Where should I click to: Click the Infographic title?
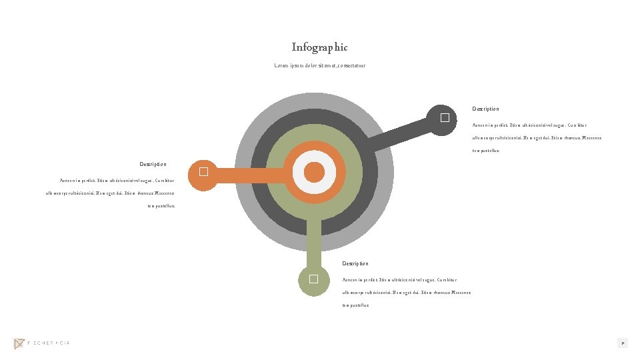pos(319,47)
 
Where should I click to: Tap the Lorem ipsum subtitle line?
pos(319,65)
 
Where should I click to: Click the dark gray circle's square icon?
pos(445,119)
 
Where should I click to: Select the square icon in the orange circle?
pos(203,172)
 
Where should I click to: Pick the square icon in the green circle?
pos(313,279)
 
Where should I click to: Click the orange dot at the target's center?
pos(314,173)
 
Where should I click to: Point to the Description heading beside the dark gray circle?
pos(485,109)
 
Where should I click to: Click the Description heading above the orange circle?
pos(153,164)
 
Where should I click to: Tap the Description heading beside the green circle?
pos(355,264)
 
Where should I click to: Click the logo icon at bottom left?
pos(19,343)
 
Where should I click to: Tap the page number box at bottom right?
pos(622,343)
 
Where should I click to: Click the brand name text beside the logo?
pos(49,343)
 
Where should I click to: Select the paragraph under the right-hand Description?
pos(537,137)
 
